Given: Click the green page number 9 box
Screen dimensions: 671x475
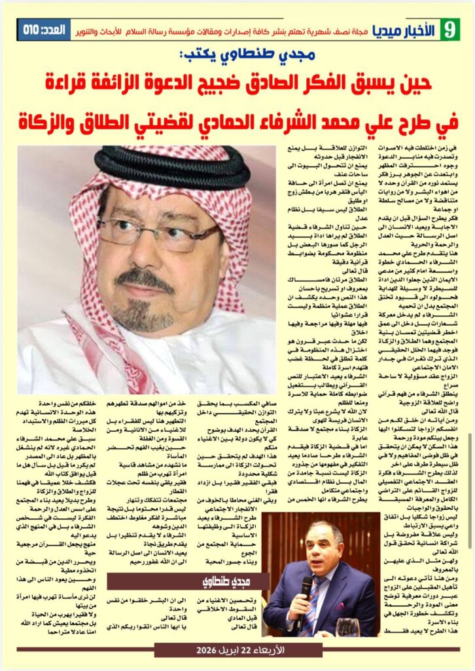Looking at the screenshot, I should [449, 29].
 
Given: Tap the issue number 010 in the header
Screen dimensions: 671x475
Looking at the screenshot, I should [31, 30].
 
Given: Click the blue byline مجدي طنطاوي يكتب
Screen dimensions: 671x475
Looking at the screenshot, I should [251, 57].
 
